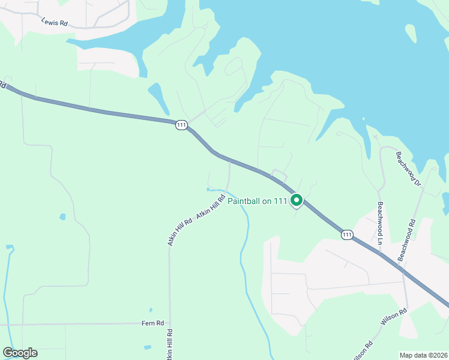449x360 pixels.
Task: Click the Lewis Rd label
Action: [x=55, y=22]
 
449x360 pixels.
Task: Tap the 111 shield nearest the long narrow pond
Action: [x=182, y=125]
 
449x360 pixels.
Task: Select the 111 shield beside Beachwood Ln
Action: [x=346, y=234]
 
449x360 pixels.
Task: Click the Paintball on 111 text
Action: [x=258, y=202]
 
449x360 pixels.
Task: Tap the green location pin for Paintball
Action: [x=296, y=200]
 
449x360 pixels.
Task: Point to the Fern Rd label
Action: [x=152, y=323]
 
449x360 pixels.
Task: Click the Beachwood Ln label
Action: [x=380, y=223]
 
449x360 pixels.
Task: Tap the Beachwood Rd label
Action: [x=407, y=239]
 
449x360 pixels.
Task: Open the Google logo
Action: [x=20, y=353]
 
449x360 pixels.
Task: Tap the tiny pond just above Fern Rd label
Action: [x=148, y=313]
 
